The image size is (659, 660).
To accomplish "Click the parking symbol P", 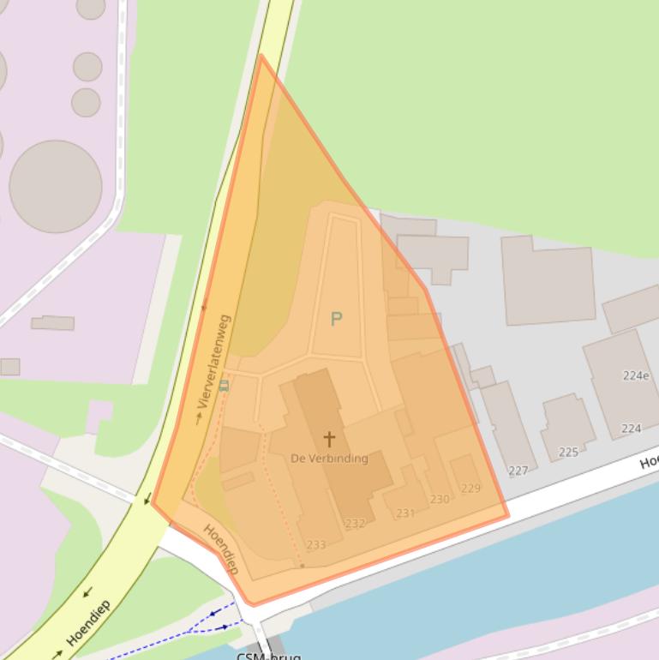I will pos(336,319).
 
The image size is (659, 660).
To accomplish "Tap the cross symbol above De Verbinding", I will pos(329,439).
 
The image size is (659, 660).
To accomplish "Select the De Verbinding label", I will pos(329,459).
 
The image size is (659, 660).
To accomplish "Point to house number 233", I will pos(315,544).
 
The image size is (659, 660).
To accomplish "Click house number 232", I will pos(355,524).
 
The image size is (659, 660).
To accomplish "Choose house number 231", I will pos(405,513).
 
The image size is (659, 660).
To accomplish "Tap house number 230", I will pos(440,499).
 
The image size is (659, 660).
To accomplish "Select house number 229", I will pos(470,489).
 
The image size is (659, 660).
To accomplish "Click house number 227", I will pos(518,471).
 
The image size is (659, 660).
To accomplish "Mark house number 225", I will pos(568,452).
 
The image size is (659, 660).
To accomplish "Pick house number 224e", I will pos(635,375).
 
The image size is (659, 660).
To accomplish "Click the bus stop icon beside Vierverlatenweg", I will pos(225,386).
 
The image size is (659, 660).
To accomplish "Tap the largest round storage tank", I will pos(56,186).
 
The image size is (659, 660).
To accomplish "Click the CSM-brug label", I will pos(268,656).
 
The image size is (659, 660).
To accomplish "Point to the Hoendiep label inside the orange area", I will pos(220,549).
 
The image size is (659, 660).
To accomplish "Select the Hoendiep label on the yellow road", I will pos(88,623).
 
